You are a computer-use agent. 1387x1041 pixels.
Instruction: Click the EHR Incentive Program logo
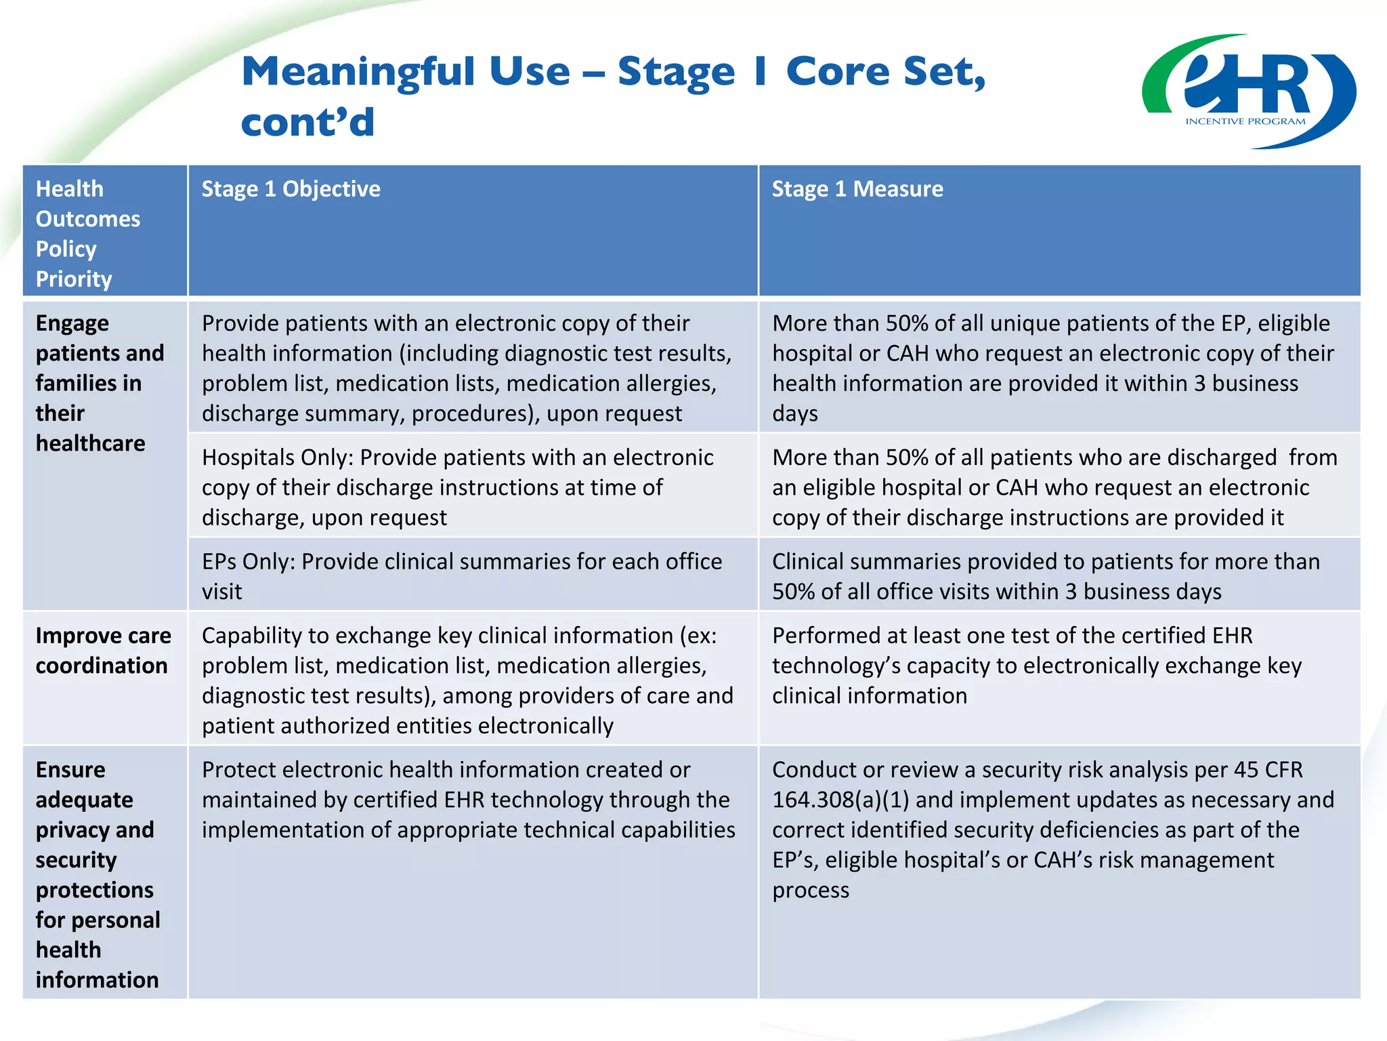tap(1248, 91)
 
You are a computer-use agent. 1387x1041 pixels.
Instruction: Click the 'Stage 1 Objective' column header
tap(291, 189)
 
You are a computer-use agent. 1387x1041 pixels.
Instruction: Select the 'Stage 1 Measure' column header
tap(857, 189)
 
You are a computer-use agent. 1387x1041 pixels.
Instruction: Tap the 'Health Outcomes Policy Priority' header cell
tap(88, 233)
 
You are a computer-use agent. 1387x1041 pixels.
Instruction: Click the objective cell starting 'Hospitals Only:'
tap(457, 487)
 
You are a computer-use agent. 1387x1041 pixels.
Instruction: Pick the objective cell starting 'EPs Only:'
tap(461, 576)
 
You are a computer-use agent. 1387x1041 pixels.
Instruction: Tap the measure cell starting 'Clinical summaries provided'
tap(1045, 576)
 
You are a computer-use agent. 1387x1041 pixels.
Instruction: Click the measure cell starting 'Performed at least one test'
tap(1036, 666)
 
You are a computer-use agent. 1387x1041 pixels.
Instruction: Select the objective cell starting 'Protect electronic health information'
tap(468, 800)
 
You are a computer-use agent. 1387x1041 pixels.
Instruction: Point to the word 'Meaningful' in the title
tap(358, 72)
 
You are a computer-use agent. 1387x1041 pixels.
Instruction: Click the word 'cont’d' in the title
tap(307, 123)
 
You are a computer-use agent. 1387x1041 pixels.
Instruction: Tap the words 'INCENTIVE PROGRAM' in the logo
tap(1245, 122)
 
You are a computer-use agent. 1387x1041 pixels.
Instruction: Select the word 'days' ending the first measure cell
tap(795, 414)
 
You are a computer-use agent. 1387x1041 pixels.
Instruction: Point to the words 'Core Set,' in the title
tap(885, 72)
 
